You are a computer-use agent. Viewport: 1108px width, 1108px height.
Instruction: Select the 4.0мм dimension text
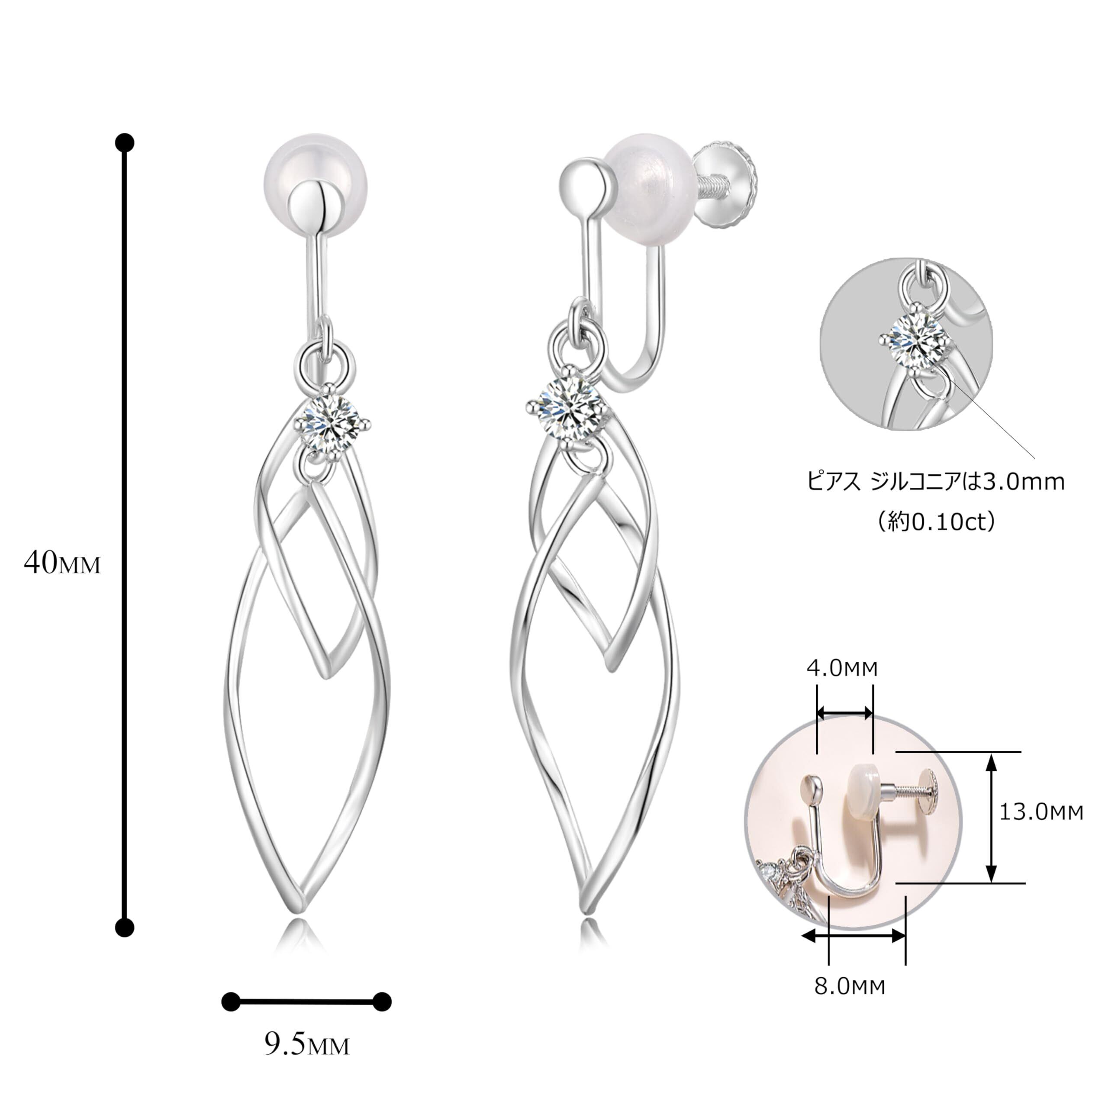tap(842, 668)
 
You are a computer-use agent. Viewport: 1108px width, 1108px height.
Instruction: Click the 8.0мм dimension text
tap(850, 986)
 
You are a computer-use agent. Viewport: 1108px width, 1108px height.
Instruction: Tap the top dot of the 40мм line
tap(125, 142)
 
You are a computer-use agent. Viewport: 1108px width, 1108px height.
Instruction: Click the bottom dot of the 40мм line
tap(125, 928)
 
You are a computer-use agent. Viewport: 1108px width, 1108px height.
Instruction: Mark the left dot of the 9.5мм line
tap(231, 1002)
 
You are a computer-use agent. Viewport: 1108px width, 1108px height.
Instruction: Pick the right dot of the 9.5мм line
tap(382, 1002)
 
